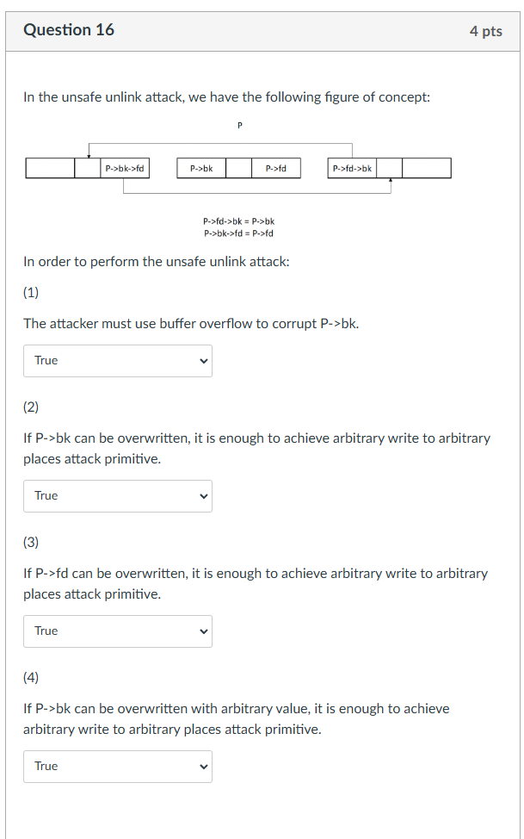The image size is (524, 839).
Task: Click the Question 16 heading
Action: point(69,30)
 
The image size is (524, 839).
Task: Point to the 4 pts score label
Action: point(486,31)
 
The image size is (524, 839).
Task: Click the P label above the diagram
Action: point(239,125)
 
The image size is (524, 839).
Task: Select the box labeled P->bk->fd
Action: point(125,168)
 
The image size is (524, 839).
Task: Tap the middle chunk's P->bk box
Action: point(201,168)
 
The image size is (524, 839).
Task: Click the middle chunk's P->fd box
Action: point(276,168)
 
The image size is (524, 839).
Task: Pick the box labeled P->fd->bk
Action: point(352,168)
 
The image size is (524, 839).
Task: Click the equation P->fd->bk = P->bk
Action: point(238,221)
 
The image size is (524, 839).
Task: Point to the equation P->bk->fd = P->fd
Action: point(238,233)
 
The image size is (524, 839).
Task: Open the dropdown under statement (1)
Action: point(118,361)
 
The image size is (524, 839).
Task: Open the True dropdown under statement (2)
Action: point(118,496)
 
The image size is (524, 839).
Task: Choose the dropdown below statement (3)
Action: point(118,631)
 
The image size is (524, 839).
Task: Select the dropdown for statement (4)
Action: point(118,767)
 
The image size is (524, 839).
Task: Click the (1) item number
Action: point(31,293)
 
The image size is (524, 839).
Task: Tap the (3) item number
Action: point(31,542)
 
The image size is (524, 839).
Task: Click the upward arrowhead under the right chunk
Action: point(391,180)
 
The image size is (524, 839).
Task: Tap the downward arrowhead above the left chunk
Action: point(89,156)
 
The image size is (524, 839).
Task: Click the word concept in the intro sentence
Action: point(404,97)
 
